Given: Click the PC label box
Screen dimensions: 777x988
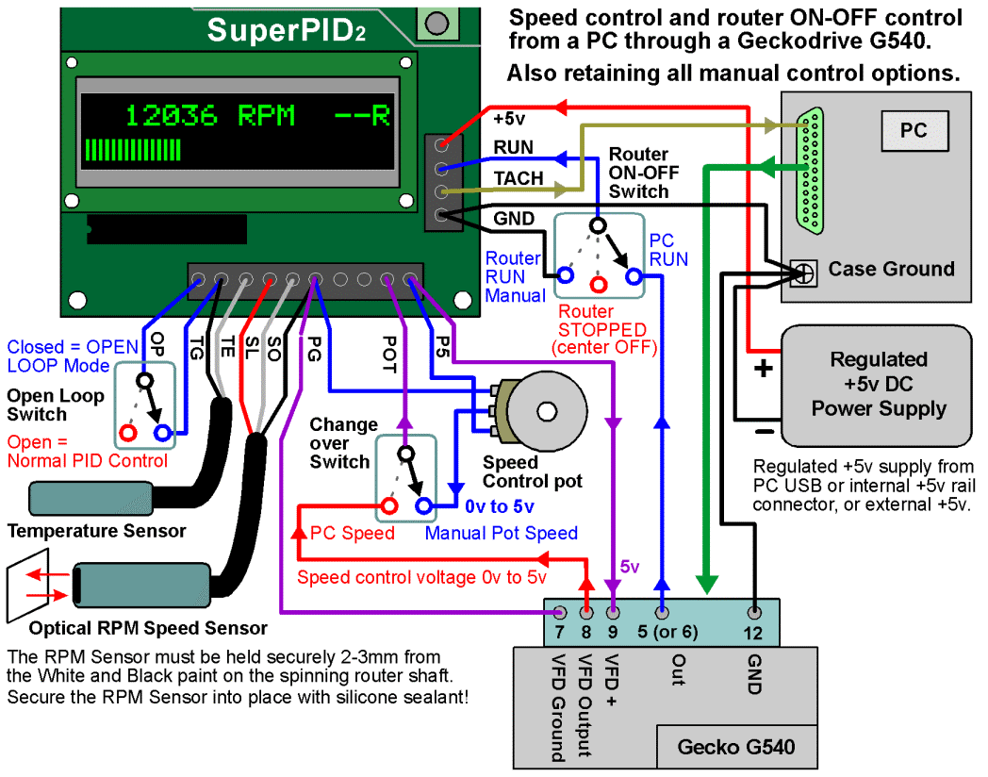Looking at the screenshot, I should click(913, 131).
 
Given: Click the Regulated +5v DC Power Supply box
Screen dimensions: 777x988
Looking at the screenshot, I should click(879, 385).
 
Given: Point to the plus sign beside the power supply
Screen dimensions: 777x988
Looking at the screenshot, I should click(764, 369).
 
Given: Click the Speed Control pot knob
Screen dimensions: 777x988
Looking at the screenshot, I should click(546, 411).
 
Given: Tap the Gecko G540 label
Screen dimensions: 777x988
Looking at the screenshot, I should click(735, 748).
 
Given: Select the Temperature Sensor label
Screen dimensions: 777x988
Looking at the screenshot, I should click(96, 531).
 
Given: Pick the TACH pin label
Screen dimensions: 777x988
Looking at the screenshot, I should click(519, 179).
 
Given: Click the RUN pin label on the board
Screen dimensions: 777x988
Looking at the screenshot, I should click(513, 148).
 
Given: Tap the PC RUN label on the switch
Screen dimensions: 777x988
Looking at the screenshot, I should click(668, 250).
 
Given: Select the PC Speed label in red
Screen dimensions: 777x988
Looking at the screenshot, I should click(353, 534).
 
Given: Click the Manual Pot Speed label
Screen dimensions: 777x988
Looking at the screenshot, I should click(501, 534).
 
